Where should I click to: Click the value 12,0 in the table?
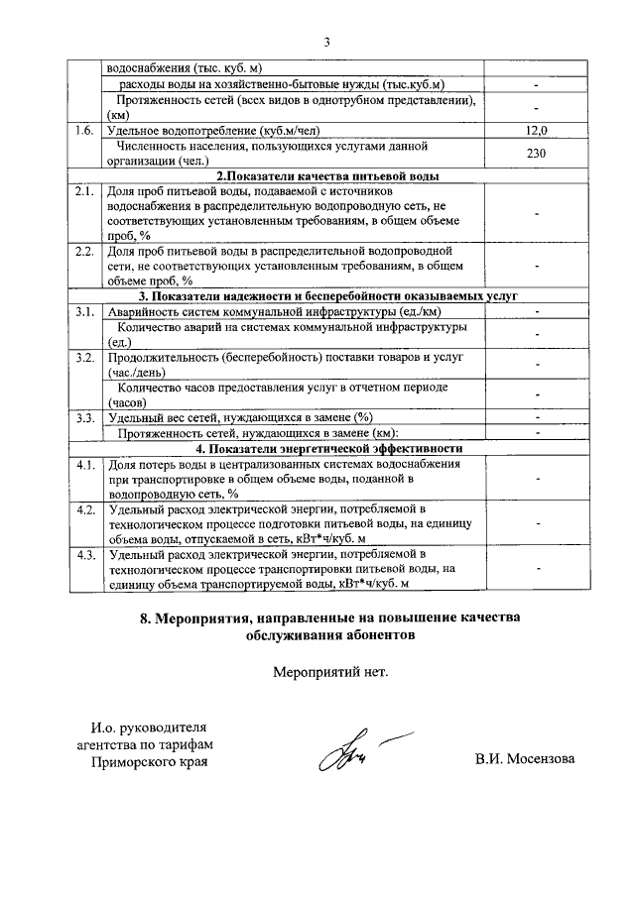click(537, 130)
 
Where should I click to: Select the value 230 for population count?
click(537, 153)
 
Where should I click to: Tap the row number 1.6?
click(84, 130)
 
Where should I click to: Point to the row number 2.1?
click(84, 190)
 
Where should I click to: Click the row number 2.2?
click(84, 251)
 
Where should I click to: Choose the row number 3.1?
click(84, 311)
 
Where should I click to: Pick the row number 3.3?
click(84, 417)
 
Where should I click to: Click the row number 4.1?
click(84, 464)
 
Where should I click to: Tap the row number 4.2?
click(84, 509)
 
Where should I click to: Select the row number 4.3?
click(84, 555)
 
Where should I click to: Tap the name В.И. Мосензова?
click(525, 760)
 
